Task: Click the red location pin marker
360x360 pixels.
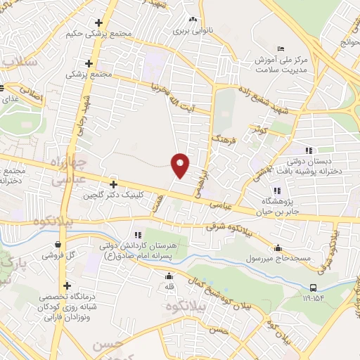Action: (x=181, y=165)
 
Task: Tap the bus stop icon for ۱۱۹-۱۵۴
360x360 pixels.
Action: (x=313, y=287)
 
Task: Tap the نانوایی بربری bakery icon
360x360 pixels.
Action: (x=191, y=21)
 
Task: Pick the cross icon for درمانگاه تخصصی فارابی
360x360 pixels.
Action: (x=67, y=285)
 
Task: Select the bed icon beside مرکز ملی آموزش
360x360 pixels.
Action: (x=281, y=48)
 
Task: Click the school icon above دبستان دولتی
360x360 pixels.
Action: (x=308, y=150)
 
